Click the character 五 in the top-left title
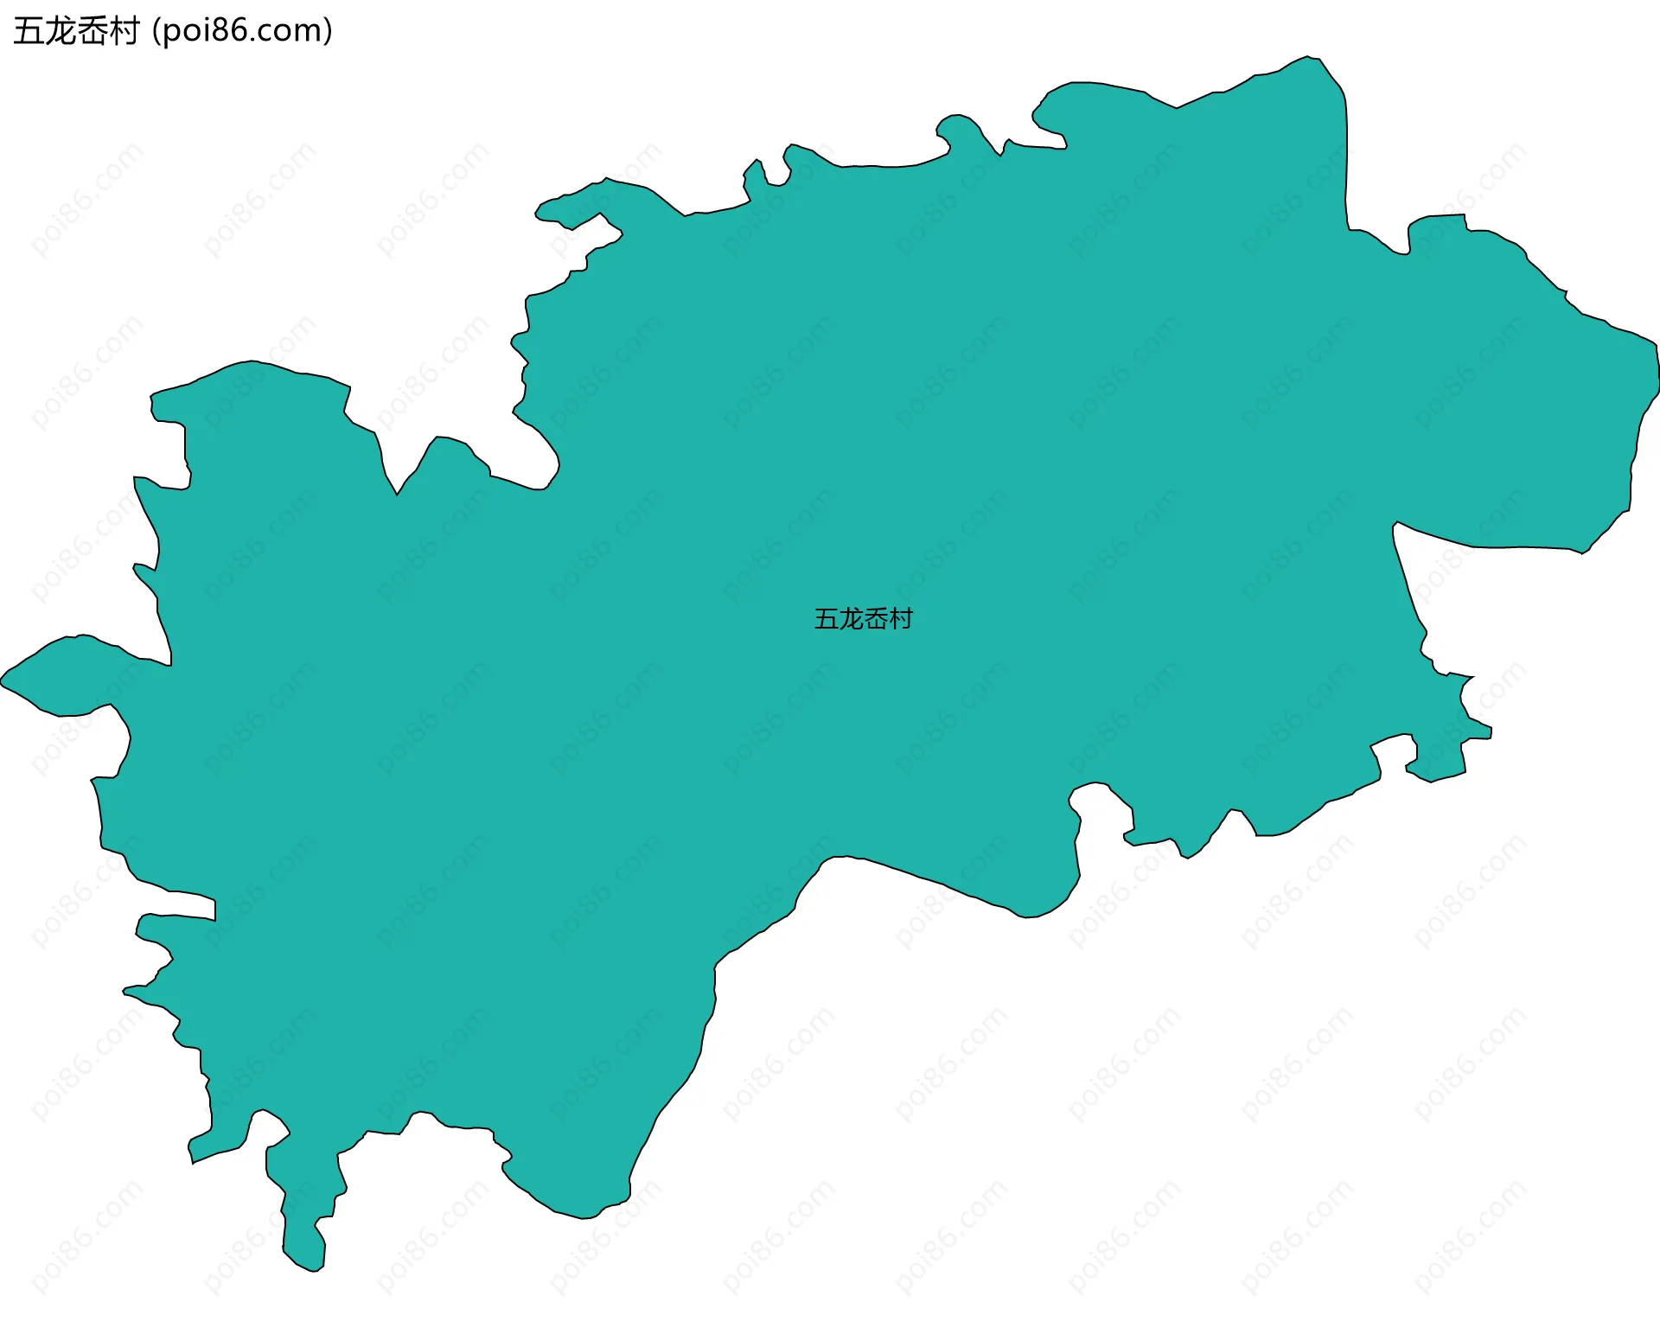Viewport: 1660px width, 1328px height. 28,31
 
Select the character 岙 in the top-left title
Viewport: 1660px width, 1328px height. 92,31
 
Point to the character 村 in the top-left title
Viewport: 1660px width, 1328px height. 124,31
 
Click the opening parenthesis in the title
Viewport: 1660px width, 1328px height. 155,32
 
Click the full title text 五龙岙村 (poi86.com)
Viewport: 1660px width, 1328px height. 173,31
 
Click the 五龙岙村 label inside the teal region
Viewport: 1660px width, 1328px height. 863,619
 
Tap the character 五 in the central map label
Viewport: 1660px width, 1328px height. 826,619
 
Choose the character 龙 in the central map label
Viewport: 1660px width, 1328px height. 851,619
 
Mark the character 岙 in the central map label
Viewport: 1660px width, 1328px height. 876,619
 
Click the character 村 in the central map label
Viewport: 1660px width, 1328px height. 901,619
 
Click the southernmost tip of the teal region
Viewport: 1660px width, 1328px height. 315,1270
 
